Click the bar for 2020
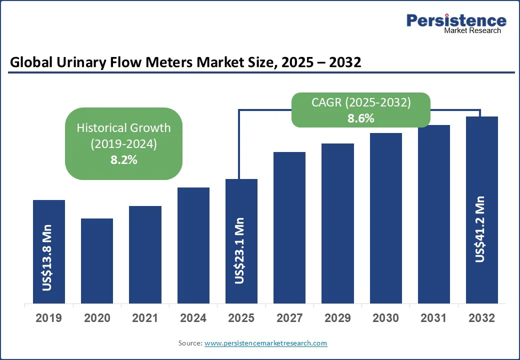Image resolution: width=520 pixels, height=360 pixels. (x=97, y=260)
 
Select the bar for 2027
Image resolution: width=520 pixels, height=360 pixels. (x=289, y=227)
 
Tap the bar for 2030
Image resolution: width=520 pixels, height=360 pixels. (x=386, y=218)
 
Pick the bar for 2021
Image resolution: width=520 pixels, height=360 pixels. (x=145, y=254)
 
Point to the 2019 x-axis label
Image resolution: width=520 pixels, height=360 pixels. (x=49, y=318)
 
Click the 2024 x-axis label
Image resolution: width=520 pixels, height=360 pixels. (x=193, y=318)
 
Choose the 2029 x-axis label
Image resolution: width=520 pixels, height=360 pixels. (x=337, y=318)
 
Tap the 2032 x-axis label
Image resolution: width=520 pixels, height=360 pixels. (x=482, y=318)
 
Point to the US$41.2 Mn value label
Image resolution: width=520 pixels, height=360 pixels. (x=481, y=229)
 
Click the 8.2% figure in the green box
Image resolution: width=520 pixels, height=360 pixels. (x=124, y=160)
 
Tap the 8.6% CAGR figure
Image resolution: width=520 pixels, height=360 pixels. (x=361, y=118)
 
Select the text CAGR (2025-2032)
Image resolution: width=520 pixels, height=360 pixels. (x=361, y=103)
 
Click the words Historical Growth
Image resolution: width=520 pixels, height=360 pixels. (x=123, y=127)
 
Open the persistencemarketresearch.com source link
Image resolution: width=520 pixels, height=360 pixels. (x=265, y=343)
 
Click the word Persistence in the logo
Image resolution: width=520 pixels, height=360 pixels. (x=456, y=20)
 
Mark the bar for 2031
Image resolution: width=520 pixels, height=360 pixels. (x=434, y=214)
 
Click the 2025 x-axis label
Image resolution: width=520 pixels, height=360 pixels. (x=241, y=318)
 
